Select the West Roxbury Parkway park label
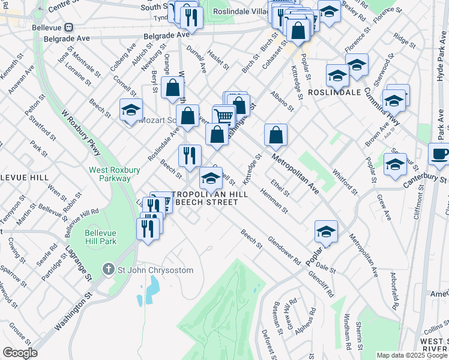click(110, 174)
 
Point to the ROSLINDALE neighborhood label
click(334, 92)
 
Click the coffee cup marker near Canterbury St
click(440, 154)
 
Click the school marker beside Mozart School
click(131, 110)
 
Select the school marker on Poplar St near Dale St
click(326, 231)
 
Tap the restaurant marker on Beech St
click(190, 155)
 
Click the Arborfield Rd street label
click(394, 290)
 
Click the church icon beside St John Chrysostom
click(108, 270)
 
